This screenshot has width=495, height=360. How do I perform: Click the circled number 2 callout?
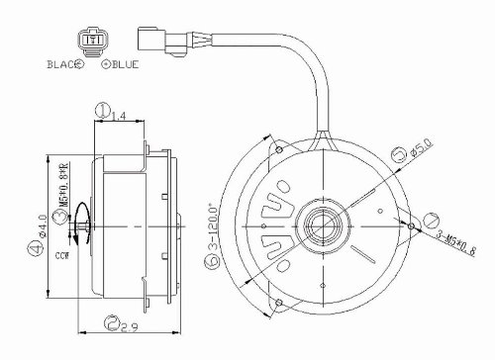point(113,322)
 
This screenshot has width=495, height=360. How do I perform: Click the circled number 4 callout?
point(35,251)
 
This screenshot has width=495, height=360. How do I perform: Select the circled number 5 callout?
point(397,154)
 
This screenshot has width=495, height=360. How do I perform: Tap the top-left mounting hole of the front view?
point(282,149)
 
